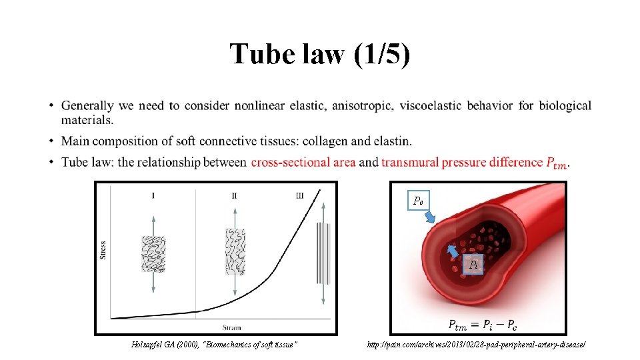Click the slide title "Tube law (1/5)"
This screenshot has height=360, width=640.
320,54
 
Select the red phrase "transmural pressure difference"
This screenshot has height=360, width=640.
462,162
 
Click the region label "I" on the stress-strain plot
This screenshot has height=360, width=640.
153,195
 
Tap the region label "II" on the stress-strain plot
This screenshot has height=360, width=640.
235,195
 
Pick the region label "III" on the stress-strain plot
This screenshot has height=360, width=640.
299,195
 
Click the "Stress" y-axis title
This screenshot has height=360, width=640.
103,249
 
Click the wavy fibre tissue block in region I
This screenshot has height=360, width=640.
153,253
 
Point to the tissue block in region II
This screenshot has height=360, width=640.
235,251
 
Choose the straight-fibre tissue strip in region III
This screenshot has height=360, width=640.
323,253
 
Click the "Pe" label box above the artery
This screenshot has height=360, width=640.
419,200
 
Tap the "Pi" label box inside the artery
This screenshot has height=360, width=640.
473,265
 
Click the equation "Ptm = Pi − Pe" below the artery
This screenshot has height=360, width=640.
483,325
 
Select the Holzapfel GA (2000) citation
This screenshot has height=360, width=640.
213,345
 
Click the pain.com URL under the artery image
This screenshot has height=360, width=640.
476,345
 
